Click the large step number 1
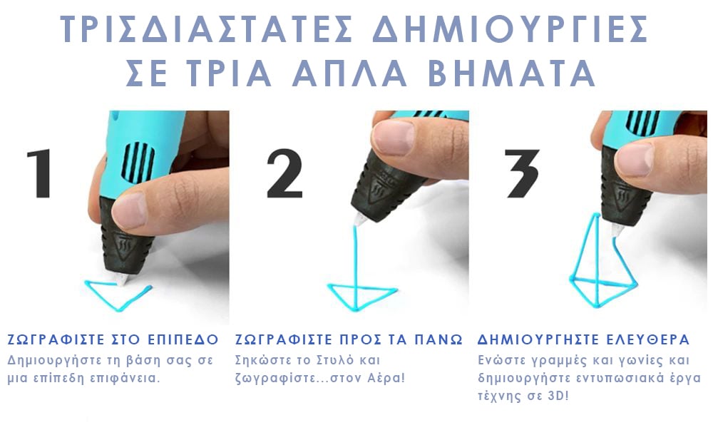(x=41, y=173)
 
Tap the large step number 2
(x=284, y=173)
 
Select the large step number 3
(x=523, y=173)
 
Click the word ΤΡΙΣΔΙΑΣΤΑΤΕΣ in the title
(x=207, y=29)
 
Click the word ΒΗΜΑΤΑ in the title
(x=512, y=72)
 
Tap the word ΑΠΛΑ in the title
(x=349, y=72)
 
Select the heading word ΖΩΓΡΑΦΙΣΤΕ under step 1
(x=56, y=339)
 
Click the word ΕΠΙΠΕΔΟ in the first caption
(x=184, y=339)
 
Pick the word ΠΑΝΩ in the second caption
(x=438, y=339)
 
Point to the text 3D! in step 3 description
(x=556, y=396)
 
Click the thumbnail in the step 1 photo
(x=129, y=210)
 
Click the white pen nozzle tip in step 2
(x=361, y=220)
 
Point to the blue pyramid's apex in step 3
(x=595, y=214)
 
